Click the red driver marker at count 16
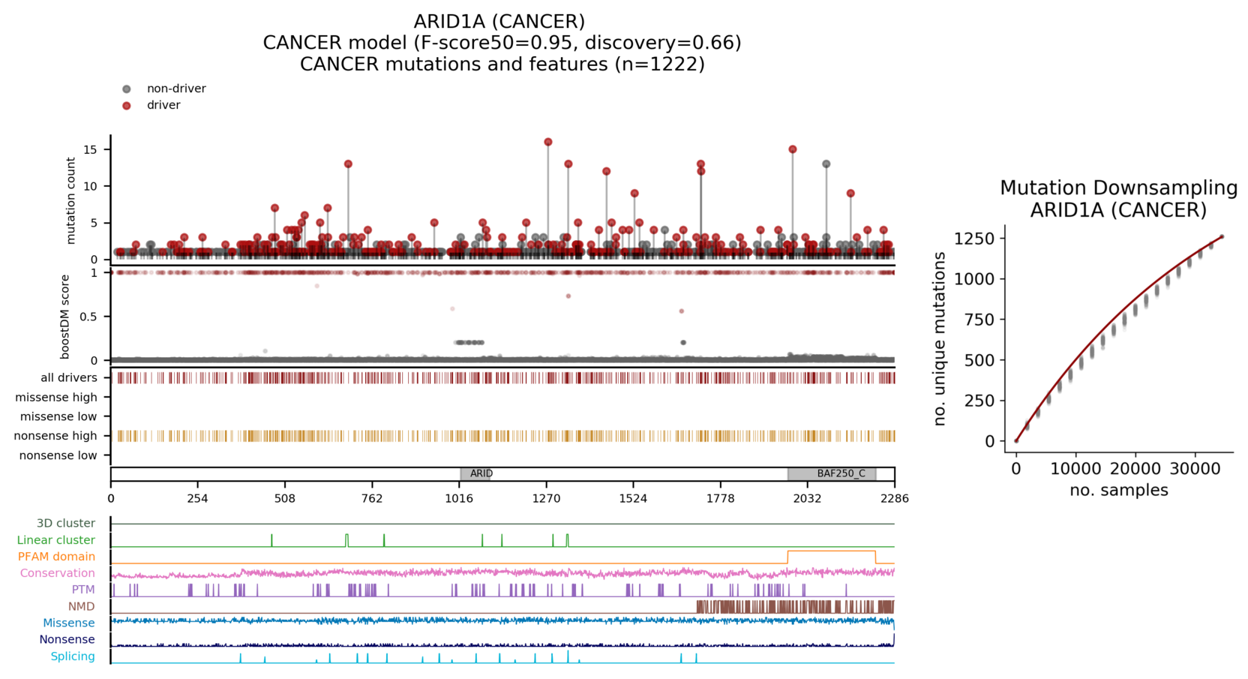[x=548, y=142]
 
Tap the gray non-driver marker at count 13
[x=826, y=164]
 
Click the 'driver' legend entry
[x=163, y=105]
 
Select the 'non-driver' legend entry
[x=176, y=89]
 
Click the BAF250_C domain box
[x=832, y=473]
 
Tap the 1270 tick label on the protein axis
[x=546, y=498]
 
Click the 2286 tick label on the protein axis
[x=895, y=498]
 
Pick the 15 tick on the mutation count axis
[x=91, y=149]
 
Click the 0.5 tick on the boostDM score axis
[x=88, y=317]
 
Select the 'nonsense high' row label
[x=55, y=436]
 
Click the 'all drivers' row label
[x=69, y=377]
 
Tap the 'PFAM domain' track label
[x=56, y=557]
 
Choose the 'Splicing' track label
[x=73, y=656]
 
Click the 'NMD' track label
[x=82, y=606]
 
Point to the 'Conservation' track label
[x=58, y=573]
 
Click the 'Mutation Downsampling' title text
[x=1118, y=188]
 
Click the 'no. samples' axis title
[x=1118, y=491]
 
